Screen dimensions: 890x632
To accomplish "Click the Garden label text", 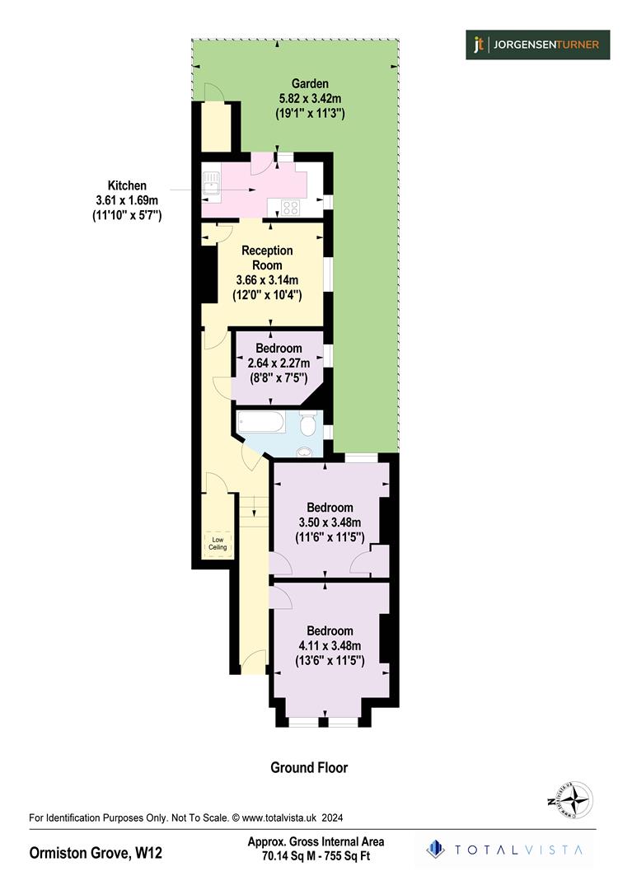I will [310, 83].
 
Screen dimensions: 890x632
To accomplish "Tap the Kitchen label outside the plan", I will [126, 186].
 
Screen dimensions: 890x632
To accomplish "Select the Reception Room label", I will [267, 257].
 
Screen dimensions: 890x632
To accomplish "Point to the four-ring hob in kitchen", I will [290, 208].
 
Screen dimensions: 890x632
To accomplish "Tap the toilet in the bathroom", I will [308, 424].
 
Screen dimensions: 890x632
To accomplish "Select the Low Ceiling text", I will [217, 543].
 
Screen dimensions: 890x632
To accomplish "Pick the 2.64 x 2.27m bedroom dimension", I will [279, 363].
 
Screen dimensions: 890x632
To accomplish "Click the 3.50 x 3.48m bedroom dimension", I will [329, 522].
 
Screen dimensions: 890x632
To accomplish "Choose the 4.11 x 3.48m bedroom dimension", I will [329, 645].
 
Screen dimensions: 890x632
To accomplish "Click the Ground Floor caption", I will [309, 767].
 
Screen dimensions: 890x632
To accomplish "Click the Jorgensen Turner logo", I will [536, 44].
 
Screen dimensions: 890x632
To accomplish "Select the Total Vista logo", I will [504, 849].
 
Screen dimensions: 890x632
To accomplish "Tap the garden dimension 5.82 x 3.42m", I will [310, 99].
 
